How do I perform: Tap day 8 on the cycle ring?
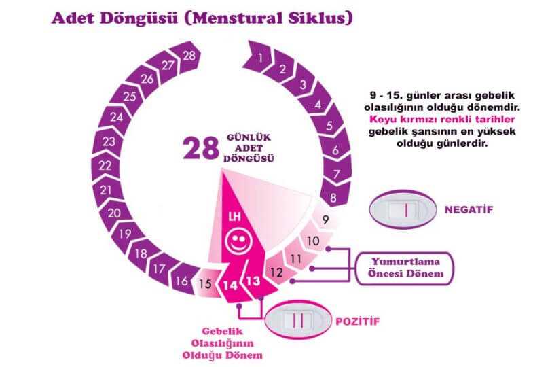pyautogui.click(x=331, y=198)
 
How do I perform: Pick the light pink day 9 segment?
pyautogui.click(x=325, y=220)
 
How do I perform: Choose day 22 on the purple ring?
pyautogui.click(x=105, y=165)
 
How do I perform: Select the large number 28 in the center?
pyautogui.click(x=200, y=149)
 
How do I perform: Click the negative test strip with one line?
pyautogui.click(x=403, y=209)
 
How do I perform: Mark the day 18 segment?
pyautogui.click(x=141, y=254)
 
